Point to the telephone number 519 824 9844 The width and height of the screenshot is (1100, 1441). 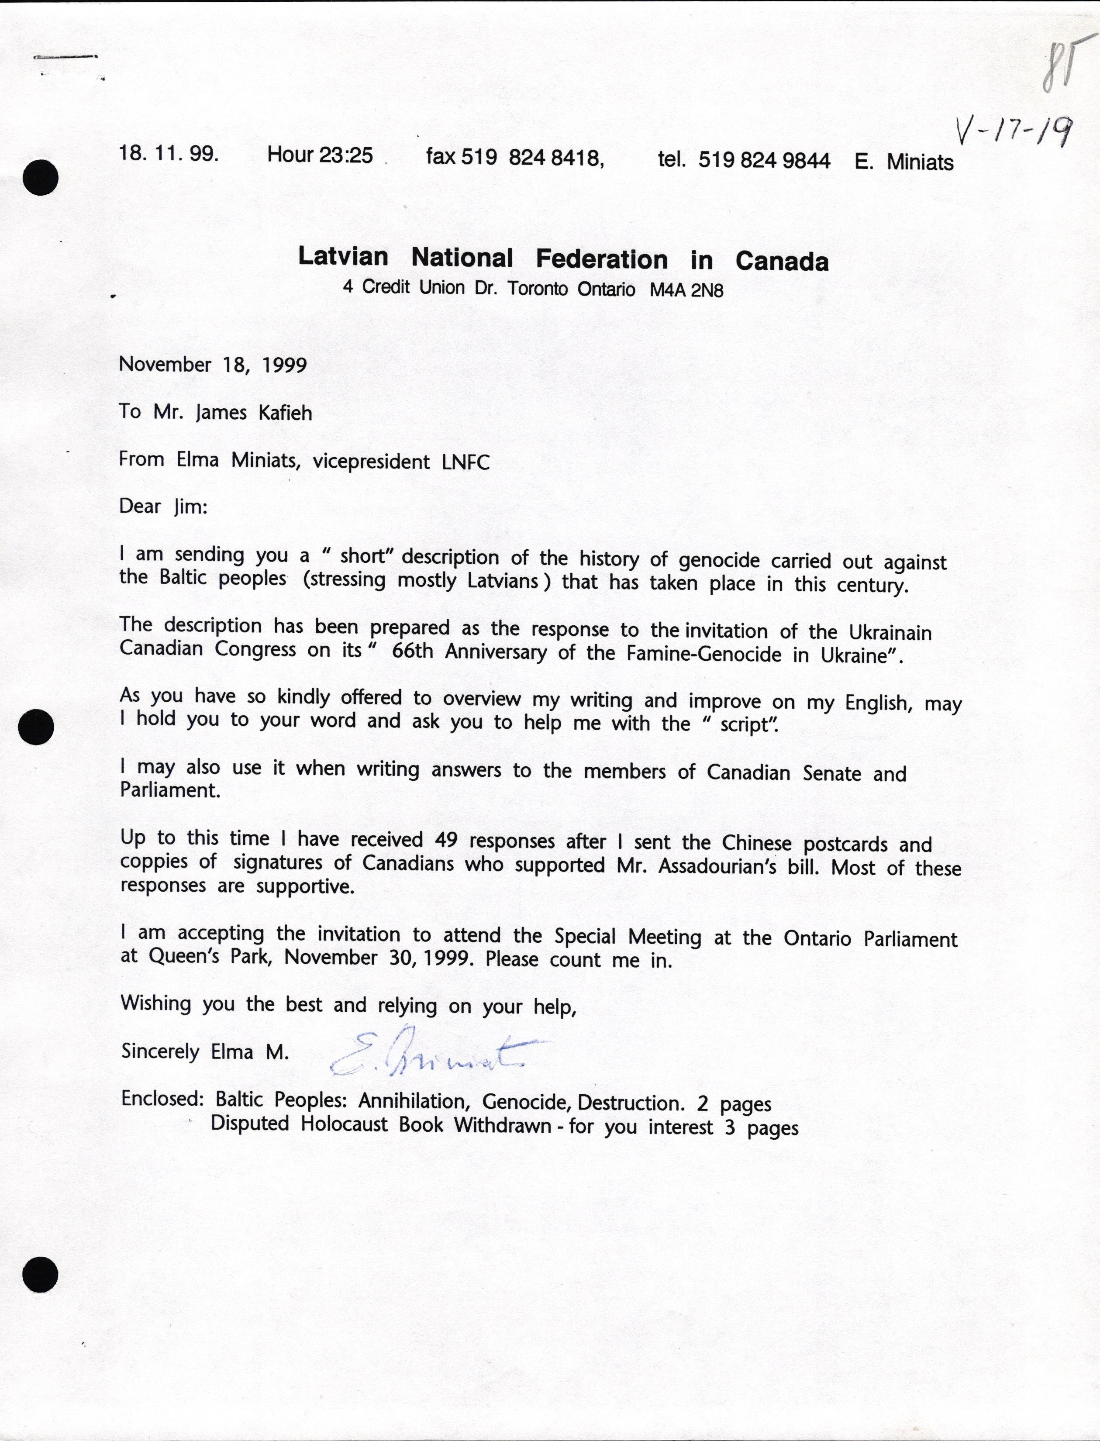coord(764,160)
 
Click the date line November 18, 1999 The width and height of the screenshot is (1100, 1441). coord(213,365)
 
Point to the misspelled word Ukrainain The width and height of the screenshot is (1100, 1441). coord(890,632)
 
